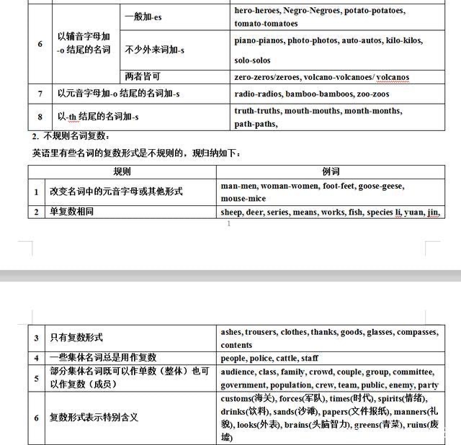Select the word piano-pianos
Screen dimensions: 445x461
click(x=259, y=41)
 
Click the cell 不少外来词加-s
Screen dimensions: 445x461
click(x=154, y=50)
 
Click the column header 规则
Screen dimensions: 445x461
click(x=122, y=171)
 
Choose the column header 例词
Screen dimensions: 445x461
click(x=331, y=171)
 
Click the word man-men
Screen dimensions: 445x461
click(x=238, y=186)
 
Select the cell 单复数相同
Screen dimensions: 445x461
click(x=71, y=212)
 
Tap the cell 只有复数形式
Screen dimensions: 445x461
click(x=76, y=338)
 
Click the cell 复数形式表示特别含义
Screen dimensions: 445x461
click(x=93, y=417)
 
